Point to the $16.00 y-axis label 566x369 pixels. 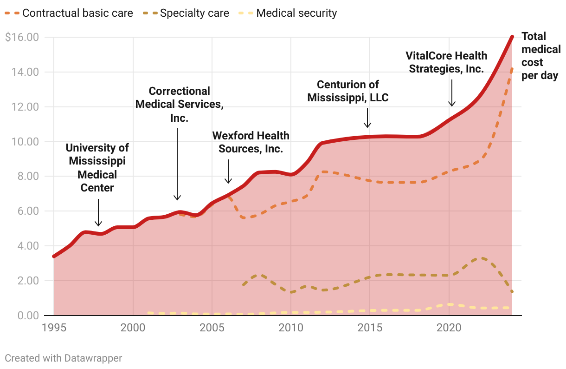point(22,37)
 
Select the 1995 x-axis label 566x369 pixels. point(54,328)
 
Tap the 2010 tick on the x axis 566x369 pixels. point(291,328)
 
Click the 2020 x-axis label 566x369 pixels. point(449,328)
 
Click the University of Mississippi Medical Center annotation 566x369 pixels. point(97,168)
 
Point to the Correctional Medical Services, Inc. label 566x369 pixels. point(179,105)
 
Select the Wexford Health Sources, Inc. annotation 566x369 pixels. point(251,142)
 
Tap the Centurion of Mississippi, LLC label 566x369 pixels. point(348,91)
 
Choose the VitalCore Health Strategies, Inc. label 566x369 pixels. point(446,62)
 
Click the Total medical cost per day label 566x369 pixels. point(540,56)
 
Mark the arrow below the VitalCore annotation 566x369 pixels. point(452,93)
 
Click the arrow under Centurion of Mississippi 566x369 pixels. point(367,118)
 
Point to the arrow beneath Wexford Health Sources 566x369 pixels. point(228,171)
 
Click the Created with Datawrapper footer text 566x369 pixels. point(63,358)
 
